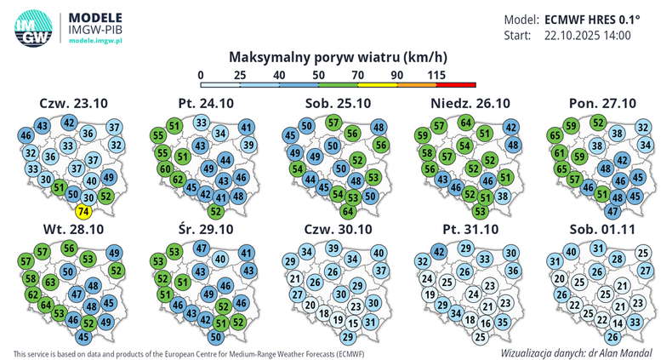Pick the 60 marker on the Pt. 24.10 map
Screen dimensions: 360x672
(164, 169)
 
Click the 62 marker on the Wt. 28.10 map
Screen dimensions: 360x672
(33, 294)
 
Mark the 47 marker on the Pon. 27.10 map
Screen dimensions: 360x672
(612, 210)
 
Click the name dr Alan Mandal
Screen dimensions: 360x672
(627, 351)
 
